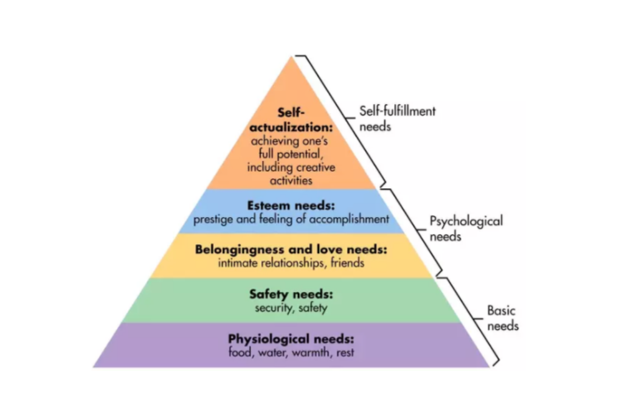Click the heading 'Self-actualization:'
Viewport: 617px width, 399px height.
tap(290, 122)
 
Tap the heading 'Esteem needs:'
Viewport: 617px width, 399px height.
tap(291, 204)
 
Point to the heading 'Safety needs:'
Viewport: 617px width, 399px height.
tap(290, 293)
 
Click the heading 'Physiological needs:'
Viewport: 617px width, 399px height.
tap(290, 338)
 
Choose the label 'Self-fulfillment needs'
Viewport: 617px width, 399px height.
tap(397, 119)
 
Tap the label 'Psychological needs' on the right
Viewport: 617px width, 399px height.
tap(465, 228)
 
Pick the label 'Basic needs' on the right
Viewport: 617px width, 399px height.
tap(502, 318)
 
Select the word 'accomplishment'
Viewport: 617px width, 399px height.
tap(351, 219)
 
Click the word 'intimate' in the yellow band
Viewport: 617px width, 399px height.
tap(239, 263)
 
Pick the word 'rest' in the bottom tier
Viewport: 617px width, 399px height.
tap(344, 353)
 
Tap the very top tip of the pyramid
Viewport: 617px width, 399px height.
tap(291, 56)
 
